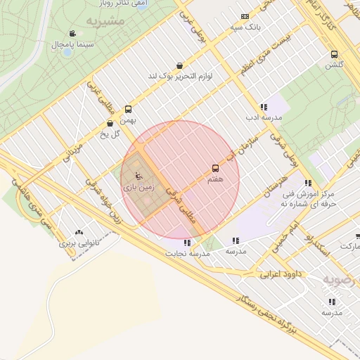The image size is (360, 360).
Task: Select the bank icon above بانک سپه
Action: click(x=245, y=16)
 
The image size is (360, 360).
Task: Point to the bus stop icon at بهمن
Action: click(x=128, y=109)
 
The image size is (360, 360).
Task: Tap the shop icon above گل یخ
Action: click(x=111, y=123)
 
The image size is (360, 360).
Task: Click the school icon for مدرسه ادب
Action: click(x=264, y=107)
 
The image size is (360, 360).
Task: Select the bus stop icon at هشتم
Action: click(x=215, y=168)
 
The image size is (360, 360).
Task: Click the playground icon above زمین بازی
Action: click(x=136, y=176)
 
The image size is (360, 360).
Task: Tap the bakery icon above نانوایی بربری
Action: click(x=78, y=231)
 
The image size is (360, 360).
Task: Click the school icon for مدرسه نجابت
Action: click(x=186, y=243)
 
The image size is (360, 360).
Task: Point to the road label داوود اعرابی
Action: click(x=281, y=273)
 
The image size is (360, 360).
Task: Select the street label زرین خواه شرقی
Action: click(x=103, y=203)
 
